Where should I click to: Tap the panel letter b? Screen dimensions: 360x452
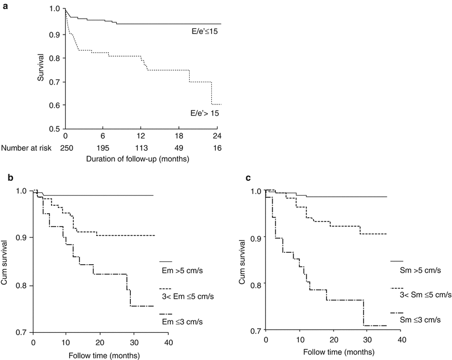[10, 179]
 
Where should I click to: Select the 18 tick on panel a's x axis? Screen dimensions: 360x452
[180, 137]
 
